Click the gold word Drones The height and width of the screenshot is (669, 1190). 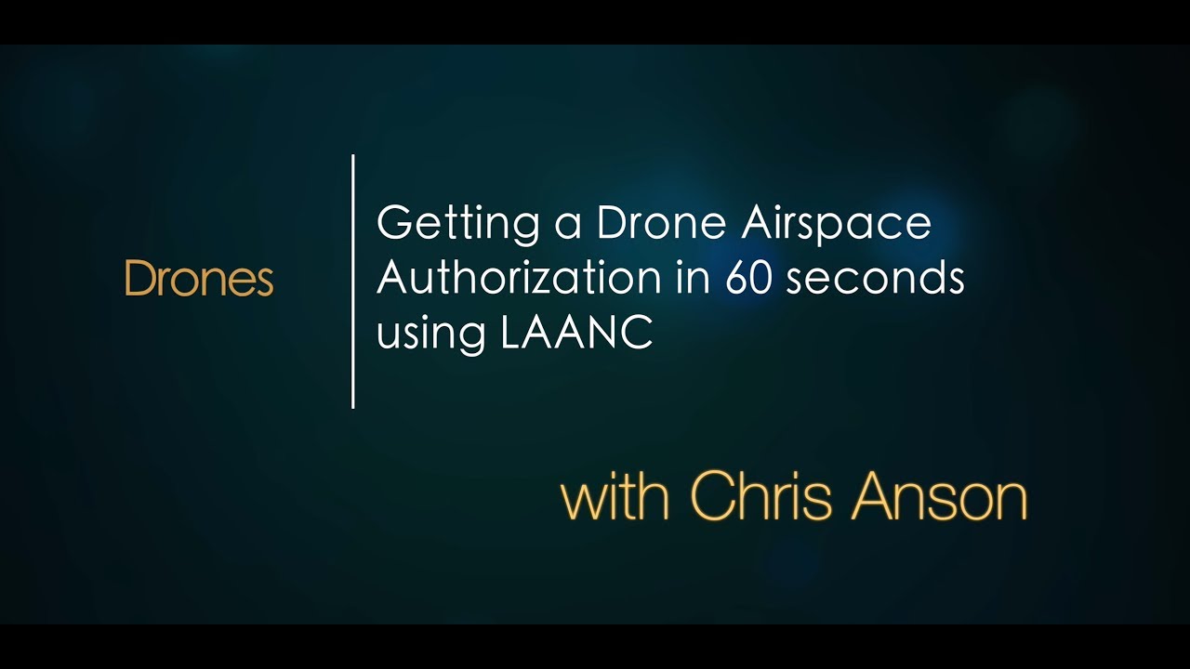coord(198,279)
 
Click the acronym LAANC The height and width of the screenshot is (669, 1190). coord(576,334)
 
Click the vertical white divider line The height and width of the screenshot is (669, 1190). coord(353,281)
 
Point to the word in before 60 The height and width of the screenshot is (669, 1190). coord(699,279)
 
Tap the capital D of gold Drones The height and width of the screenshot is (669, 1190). coord(137,279)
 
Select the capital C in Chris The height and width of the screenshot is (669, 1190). coord(712,497)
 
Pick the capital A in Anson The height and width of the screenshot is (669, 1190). coord(874,497)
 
